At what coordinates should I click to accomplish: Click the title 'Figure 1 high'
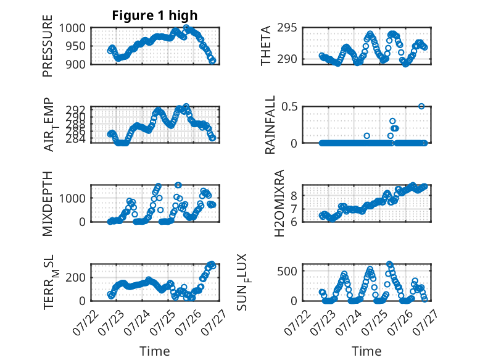(x=155, y=15)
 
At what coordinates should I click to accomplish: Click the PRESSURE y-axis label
(x=48, y=46)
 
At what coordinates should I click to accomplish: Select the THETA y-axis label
(x=266, y=46)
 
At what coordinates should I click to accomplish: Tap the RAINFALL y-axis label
(x=270, y=125)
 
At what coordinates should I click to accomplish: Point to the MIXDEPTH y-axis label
(x=48, y=203)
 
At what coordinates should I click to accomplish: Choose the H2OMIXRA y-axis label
(x=279, y=203)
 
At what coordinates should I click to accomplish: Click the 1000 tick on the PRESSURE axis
(x=72, y=28)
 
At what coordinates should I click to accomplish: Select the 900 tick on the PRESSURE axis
(x=76, y=64)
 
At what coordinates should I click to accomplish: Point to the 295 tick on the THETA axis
(x=287, y=28)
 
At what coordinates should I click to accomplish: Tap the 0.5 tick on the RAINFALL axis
(x=289, y=107)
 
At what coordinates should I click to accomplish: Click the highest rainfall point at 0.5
(x=421, y=106)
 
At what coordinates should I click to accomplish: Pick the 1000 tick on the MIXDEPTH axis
(x=72, y=198)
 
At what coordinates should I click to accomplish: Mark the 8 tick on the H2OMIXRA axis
(x=294, y=196)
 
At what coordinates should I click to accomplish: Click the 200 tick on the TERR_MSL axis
(x=76, y=277)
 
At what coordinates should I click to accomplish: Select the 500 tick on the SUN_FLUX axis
(x=287, y=271)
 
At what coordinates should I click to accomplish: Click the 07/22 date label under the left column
(x=86, y=322)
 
